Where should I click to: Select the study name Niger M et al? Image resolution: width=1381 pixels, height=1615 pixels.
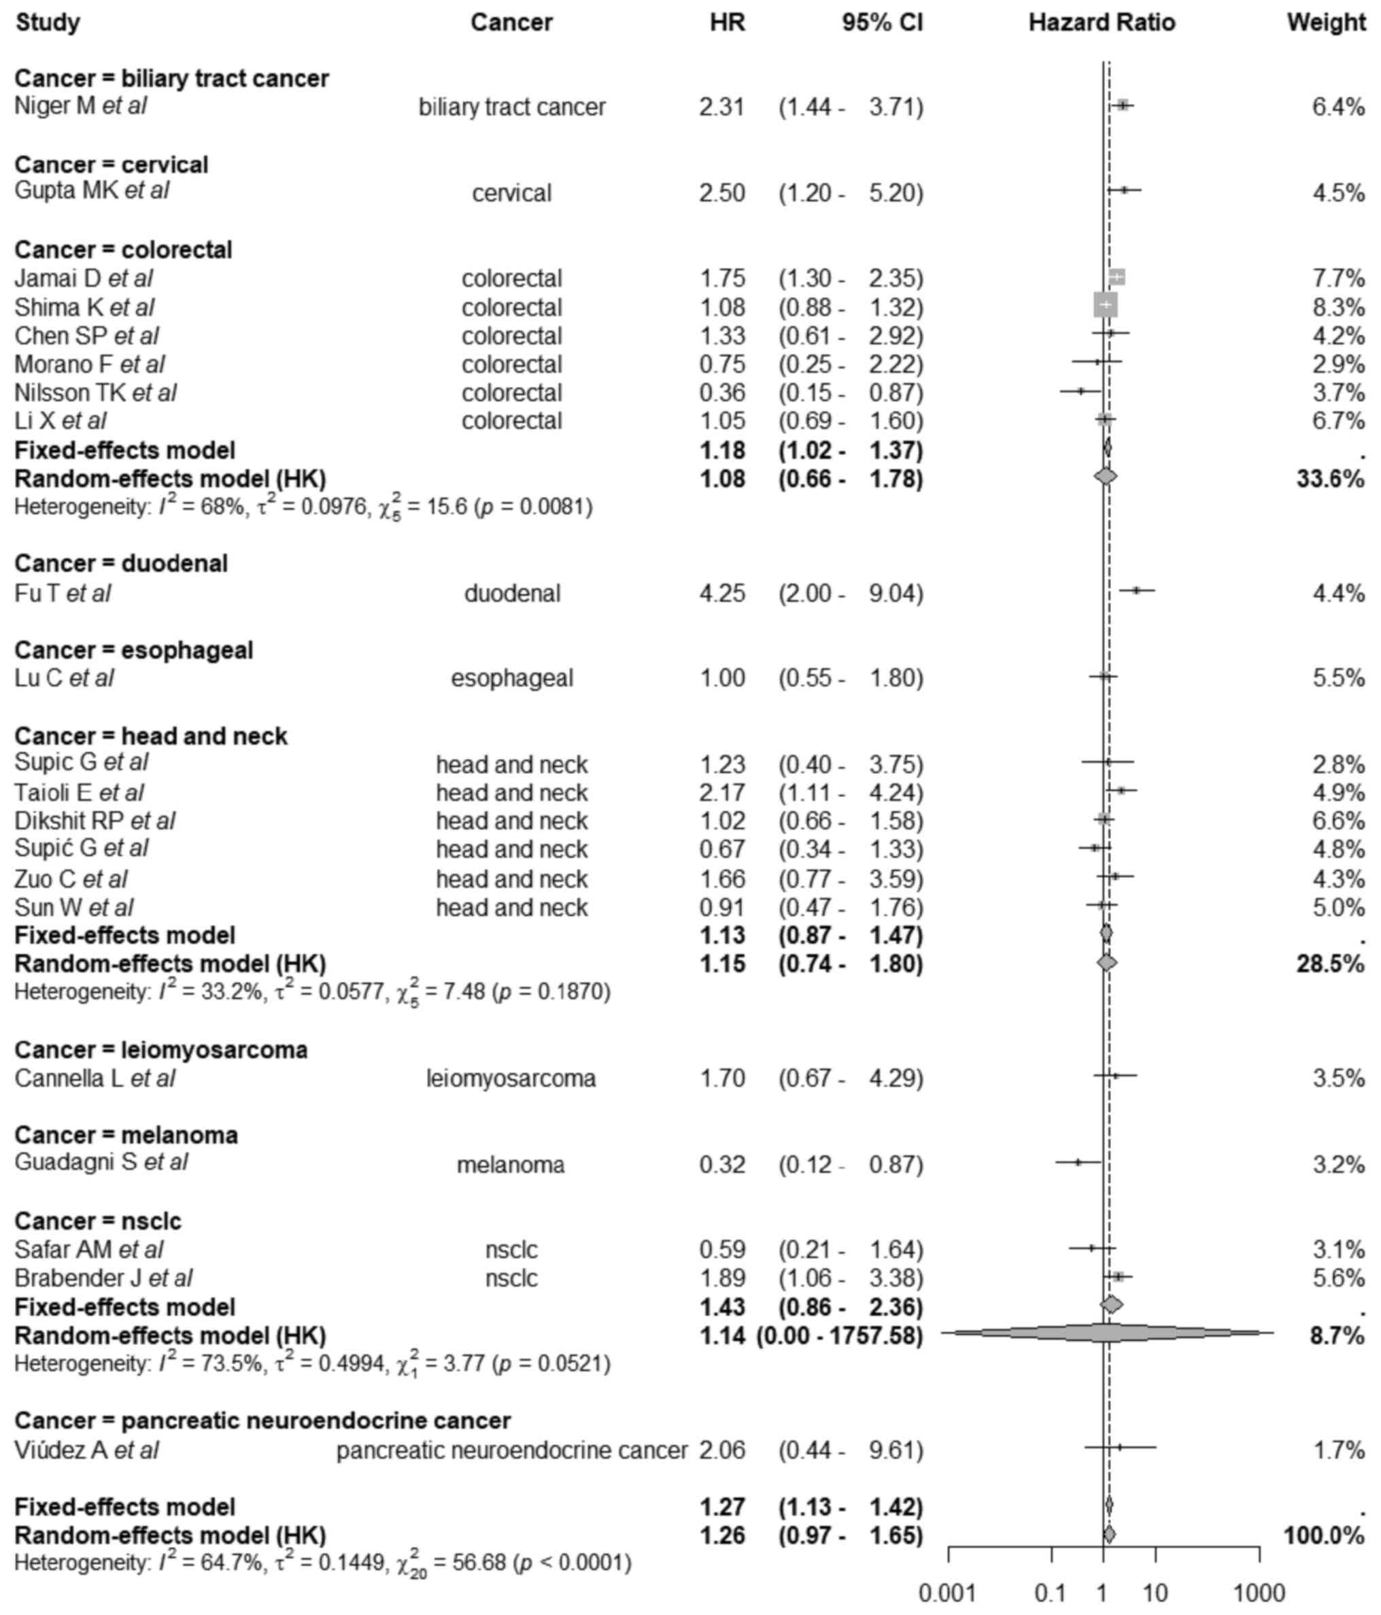(x=80, y=106)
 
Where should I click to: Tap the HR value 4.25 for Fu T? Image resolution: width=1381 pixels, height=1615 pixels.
(x=721, y=593)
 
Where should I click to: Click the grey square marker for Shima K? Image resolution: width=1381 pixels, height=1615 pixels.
(x=1105, y=305)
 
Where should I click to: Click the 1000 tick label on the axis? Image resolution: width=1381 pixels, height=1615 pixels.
(x=1259, y=1593)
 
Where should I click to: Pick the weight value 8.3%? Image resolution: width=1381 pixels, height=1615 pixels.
(x=1338, y=307)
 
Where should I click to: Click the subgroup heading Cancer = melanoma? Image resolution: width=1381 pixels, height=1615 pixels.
(x=126, y=1135)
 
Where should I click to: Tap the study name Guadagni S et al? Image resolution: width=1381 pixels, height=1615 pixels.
(x=101, y=1162)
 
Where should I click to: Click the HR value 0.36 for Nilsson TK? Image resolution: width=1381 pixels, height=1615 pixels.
(x=721, y=392)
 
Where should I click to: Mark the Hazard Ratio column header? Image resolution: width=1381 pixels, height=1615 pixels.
(x=1102, y=22)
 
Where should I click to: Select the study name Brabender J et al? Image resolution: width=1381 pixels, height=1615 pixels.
(x=103, y=1278)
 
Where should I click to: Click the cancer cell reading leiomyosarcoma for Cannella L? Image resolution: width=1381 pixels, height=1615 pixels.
(x=511, y=1078)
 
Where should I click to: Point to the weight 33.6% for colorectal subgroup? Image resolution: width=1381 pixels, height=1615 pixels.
(x=1329, y=479)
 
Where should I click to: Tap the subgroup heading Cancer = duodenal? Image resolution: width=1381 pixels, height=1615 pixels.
(x=121, y=564)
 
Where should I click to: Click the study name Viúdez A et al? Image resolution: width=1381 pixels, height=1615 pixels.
(x=86, y=1450)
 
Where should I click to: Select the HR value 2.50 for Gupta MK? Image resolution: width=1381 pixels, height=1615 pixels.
(x=721, y=192)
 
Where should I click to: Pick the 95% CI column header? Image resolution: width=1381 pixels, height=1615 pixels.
(x=881, y=22)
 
